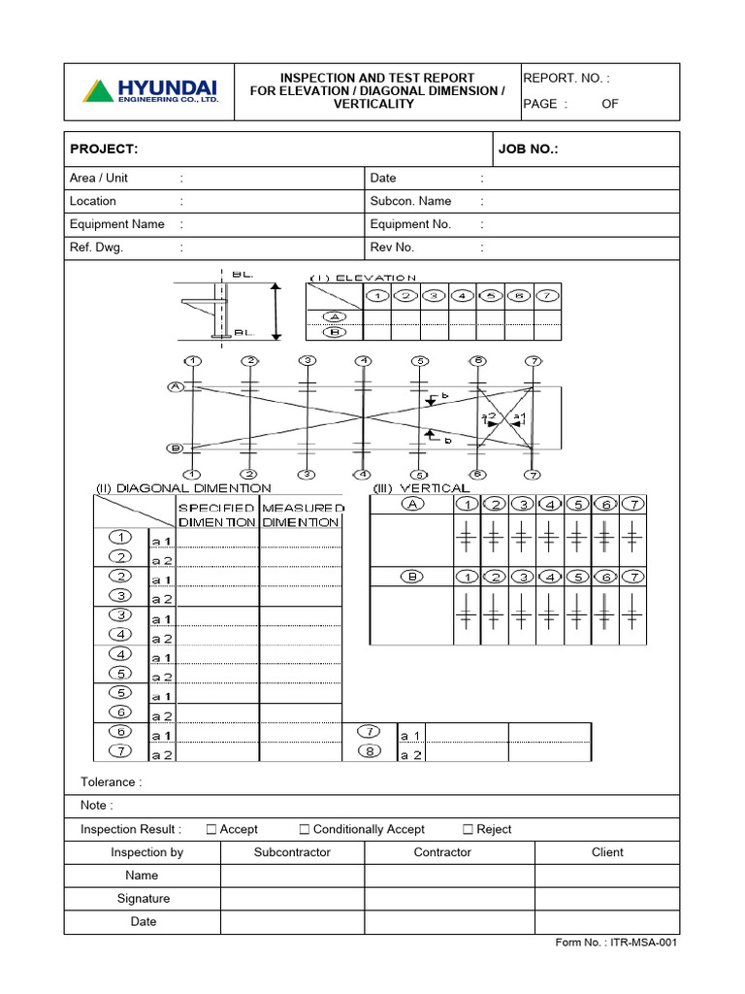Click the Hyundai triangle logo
(97, 91)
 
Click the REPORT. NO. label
(567, 79)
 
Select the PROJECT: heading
(104, 149)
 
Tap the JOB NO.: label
(529, 149)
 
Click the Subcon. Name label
(410, 201)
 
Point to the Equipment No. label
(410, 224)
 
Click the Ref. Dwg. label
(96, 248)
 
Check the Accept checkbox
(211, 829)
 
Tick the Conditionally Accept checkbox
(305, 829)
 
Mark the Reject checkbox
(468, 829)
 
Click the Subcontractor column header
(292, 852)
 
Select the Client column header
(607, 852)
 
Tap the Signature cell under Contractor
(448, 899)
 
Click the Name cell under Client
(607, 876)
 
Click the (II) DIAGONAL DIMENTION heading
(182, 488)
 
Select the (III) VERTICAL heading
(421, 488)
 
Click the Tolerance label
(111, 781)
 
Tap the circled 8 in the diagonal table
(370, 750)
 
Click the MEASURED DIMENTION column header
(302, 514)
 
